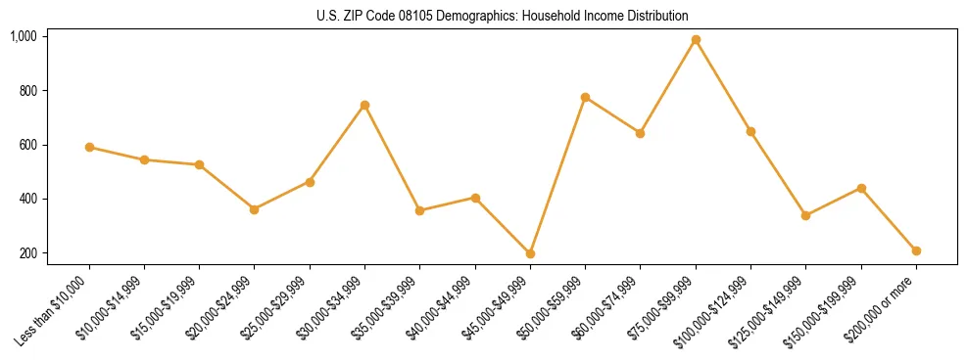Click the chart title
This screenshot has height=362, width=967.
click(502, 16)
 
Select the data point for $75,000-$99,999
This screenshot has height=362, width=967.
click(696, 40)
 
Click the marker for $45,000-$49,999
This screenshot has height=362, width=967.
click(530, 253)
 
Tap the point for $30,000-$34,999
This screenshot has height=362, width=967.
click(364, 105)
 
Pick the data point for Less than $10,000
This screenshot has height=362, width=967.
click(89, 147)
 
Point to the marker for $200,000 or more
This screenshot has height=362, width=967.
click(916, 250)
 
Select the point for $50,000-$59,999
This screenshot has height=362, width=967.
click(585, 97)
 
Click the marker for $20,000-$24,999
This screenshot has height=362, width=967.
click(255, 209)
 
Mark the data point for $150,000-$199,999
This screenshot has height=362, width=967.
click(861, 188)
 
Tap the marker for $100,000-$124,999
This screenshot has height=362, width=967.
click(750, 131)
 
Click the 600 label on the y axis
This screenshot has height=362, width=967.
click(27, 145)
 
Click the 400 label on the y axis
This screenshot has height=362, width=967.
click(27, 199)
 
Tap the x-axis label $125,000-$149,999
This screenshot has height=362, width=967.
click(771, 309)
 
